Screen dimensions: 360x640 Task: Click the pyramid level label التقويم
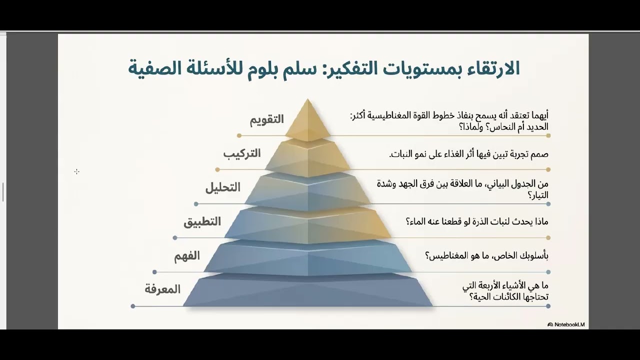pyautogui.click(x=267, y=119)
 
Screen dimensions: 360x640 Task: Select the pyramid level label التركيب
pyautogui.click(x=242, y=153)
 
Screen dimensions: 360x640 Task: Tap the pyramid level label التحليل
pyautogui.click(x=223, y=187)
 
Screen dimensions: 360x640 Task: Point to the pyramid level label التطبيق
pyautogui.click(x=202, y=221)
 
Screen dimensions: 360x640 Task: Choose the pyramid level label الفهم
pyautogui.click(x=187, y=256)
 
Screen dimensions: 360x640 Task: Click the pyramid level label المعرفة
pyautogui.click(x=162, y=289)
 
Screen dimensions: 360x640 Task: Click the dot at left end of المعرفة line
pyautogui.click(x=133, y=306)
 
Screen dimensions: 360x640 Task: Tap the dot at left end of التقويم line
pyautogui.click(x=239, y=135)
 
